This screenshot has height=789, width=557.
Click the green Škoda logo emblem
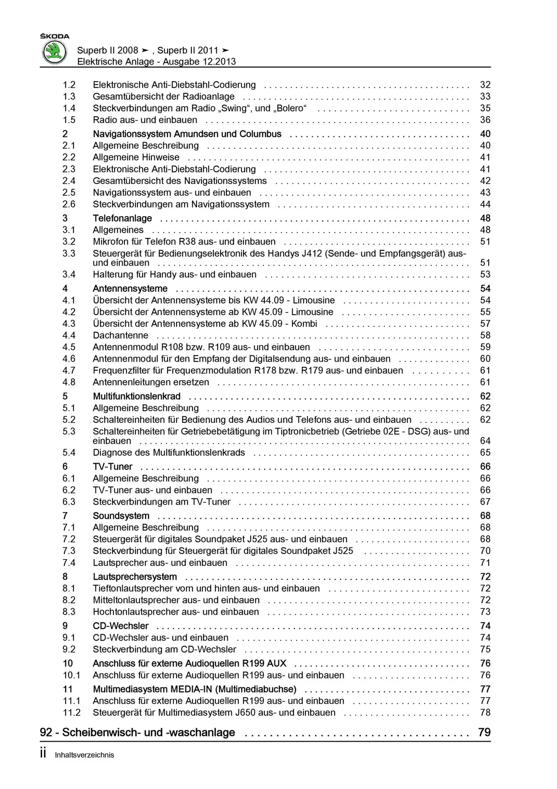[x=55, y=53]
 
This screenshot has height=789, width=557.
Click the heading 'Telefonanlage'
[x=122, y=218]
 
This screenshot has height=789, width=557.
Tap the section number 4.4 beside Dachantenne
[x=69, y=335]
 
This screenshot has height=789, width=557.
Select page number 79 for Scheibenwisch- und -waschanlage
[x=484, y=732]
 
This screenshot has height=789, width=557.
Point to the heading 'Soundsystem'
[x=121, y=516]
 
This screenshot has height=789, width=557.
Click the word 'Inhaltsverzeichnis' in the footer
[x=85, y=755]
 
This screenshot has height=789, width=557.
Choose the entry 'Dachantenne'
[x=120, y=335]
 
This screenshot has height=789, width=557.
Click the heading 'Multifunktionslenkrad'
[x=137, y=396]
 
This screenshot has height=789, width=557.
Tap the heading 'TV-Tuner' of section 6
[x=112, y=466]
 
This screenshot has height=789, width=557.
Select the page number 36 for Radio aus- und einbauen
[x=485, y=120]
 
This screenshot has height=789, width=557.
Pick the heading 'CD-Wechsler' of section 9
[x=121, y=626]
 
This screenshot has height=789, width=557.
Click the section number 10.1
[x=71, y=675]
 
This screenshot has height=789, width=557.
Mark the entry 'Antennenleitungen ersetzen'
[x=151, y=382]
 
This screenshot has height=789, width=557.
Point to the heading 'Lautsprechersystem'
[x=135, y=577]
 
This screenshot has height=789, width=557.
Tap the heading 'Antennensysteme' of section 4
[x=130, y=288]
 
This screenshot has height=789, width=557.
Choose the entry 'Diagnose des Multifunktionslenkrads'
[x=169, y=452]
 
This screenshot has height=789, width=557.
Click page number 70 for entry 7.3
[x=485, y=551]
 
